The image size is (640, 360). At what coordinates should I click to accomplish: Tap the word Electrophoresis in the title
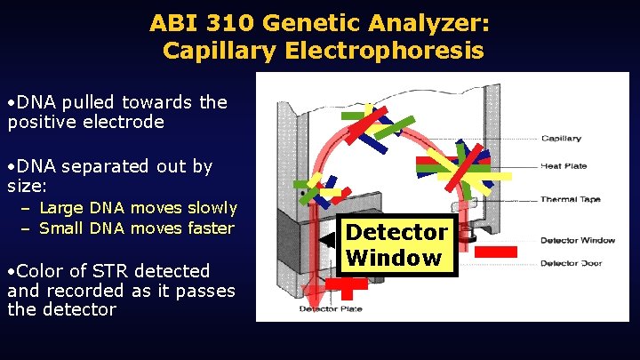click(x=385, y=50)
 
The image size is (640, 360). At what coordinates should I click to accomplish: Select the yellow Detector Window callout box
click(x=396, y=245)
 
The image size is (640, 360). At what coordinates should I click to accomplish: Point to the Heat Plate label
click(x=563, y=166)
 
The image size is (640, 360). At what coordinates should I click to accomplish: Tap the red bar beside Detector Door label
click(x=495, y=252)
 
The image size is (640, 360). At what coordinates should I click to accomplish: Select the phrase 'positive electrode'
click(x=85, y=122)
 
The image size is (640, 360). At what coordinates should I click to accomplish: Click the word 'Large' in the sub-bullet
click(x=62, y=208)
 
